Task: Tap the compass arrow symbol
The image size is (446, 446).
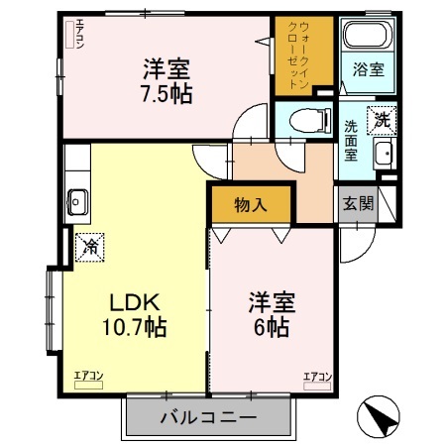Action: (x=376, y=416)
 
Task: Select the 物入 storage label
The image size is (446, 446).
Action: (x=250, y=205)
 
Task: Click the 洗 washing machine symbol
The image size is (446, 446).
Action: (x=382, y=119)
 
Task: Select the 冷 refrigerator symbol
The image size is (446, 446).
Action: (x=90, y=242)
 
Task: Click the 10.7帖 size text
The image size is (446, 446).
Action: (x=136, y=326)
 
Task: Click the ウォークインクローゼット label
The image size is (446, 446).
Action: (x=304, y=56)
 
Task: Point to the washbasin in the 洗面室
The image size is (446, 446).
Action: (x=384, y=153)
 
